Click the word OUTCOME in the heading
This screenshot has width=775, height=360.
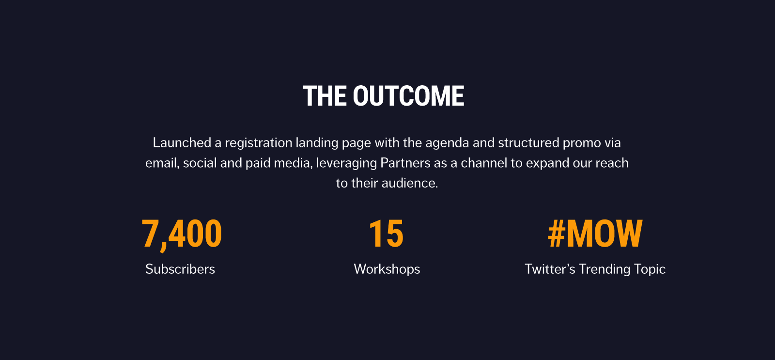click(408, 96)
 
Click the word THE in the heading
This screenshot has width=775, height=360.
click(325, 96)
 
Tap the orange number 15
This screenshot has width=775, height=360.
click(386, 234)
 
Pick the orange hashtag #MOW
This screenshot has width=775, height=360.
click(595, 234)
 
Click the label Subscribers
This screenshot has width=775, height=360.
click(180, 269)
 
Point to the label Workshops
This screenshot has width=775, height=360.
click(387, 269)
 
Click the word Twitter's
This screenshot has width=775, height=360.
click(550, 269)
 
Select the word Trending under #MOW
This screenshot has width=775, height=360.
click(604, 269)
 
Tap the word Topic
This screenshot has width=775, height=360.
click(650, 269)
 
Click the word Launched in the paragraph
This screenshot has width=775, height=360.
click(182, 142)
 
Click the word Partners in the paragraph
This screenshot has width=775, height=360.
click(405, 163)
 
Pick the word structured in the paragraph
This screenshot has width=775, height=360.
click(528, 142)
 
